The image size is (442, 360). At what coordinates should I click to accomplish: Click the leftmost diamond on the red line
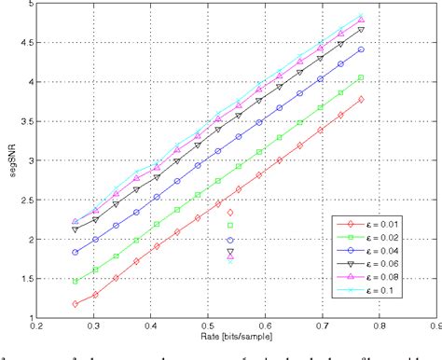tap(76, 304)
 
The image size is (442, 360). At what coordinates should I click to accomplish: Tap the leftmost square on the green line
tap(76, 281)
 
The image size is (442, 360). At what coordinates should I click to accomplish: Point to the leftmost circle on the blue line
tap(76, 252)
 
